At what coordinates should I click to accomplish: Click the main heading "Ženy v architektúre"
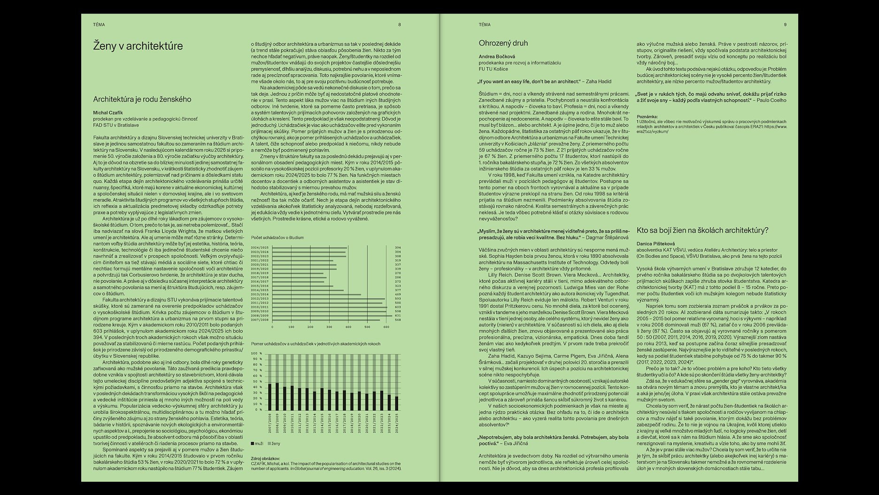pyautogui.click(x=138, y=46)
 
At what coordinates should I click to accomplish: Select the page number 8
pyautogui.click(x=400, y=24)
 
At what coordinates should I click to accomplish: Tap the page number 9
pyautogui.click(x=785, y=24)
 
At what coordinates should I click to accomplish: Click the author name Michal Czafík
pyautogui.click(x=108, y=113)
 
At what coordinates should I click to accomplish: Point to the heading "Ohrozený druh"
pyautogui.click(x=503, y=43)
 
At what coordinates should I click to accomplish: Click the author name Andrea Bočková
pyautogui.click(x=497, y=56)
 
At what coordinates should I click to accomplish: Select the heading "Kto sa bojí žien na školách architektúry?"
pyautogui.click(x=702, y=230)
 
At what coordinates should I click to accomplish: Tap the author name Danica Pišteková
pyautogui.click(x=655, y=244)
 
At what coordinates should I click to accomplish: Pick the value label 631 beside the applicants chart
pyautogui.click(x=398, y=316)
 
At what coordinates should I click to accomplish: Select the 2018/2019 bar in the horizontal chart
pyautogui.click(x=298, y=273)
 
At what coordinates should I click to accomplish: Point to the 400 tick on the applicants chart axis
pyautogui.click(x=348, y=327)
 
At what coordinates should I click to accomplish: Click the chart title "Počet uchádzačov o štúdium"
pyautogui.click(x=278, y=238)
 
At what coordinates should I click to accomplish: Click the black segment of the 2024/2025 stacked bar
pyautogui.click(x=397, y=403)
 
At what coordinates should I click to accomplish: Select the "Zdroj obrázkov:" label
pyautogui.click(x=266, y=458)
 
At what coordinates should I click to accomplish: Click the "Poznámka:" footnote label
pyautogui.click(x=647, y=116)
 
